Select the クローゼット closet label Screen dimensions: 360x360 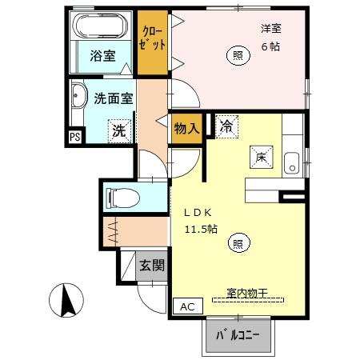152,38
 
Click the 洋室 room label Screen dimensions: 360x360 271,29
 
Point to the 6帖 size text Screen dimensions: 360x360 270,46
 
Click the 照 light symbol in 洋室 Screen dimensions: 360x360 238,54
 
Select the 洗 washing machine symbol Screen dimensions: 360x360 119,130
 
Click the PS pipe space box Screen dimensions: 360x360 74,137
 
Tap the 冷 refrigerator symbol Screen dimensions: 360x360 226,126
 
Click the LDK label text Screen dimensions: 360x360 198,213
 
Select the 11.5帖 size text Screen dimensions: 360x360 202,230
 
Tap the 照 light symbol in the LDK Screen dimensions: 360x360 238,243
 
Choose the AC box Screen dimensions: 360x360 186,306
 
